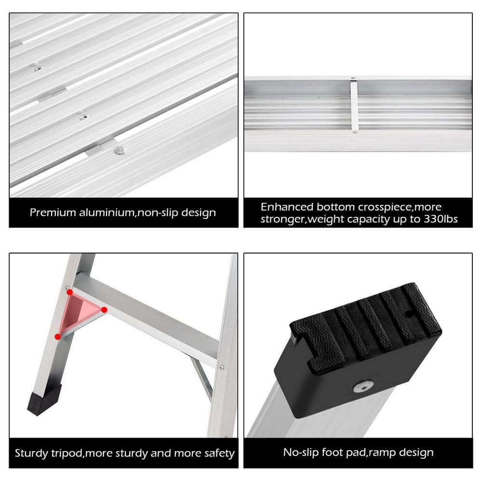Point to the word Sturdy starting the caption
tap(30, 453)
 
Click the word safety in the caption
tap(217, 453)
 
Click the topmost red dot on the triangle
tap(69, 292)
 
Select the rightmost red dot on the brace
tap(104, 309)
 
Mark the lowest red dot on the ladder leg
tap(58, 336)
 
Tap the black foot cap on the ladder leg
tap(44, 399)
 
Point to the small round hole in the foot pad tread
tap(409, 314)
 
